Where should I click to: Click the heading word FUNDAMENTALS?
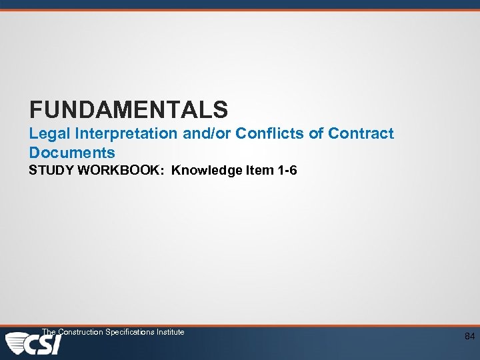click(129, 109)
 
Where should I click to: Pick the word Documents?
click(72, 153)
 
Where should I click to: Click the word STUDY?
click(51, 171)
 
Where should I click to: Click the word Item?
click(259, 171)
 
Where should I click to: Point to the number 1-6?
click(287, 171)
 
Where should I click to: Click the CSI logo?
click(33, 344)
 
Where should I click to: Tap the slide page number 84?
click(470, 337)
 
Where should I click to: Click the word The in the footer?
click(49, 332)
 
